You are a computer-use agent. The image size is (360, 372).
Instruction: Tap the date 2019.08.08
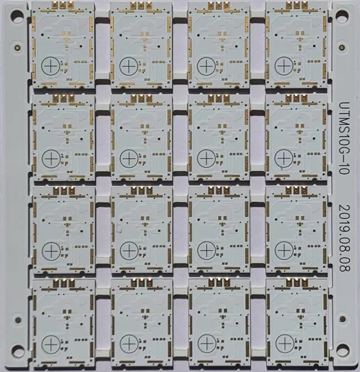click(344, 238)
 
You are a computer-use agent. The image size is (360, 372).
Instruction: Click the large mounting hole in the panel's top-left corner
click(17, 16)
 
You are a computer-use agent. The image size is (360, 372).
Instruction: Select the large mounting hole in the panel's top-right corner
click(342, 16)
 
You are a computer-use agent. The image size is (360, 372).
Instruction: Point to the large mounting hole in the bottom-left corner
click(17, 350)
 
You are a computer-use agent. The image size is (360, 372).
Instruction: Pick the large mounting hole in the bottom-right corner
click(342, 350)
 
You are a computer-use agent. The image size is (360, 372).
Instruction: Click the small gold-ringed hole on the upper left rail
click(18, 47)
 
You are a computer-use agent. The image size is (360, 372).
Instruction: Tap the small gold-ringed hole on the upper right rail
click(342, 47)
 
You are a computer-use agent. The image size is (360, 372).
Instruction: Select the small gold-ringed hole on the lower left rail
click(18, 320)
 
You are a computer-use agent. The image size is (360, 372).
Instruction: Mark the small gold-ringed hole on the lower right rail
click(342, 319)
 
